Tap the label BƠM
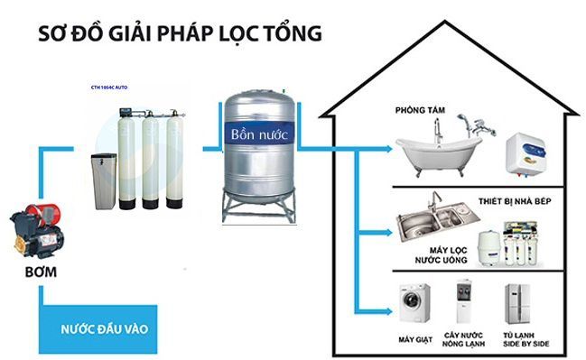35,271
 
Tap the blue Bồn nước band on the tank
258,134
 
